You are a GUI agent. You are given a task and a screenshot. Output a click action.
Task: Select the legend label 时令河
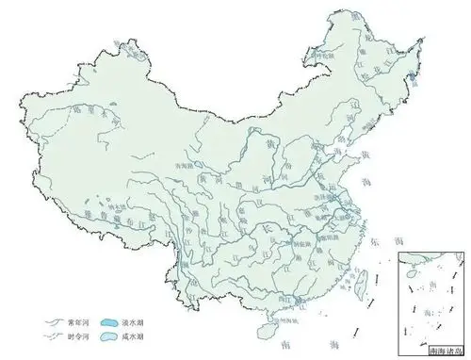pyautogui.click(x=73, y=334)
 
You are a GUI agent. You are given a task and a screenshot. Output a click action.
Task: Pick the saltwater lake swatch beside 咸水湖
pyautogui.click(x=112, y=334)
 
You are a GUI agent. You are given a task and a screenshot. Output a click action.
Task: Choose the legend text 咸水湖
pyautogui.click(x=138, y=334)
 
